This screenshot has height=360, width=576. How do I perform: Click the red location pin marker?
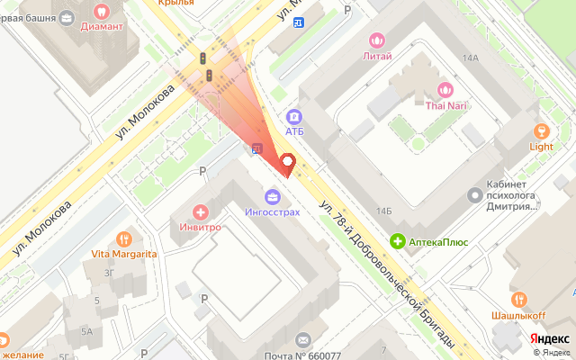288,162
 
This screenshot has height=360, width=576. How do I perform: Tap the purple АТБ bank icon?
294,116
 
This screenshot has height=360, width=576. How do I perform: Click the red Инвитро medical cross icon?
200,212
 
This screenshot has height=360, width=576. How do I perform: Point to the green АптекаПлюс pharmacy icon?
397,240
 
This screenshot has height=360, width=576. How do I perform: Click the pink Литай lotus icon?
376,40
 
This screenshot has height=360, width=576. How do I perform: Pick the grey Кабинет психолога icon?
475,194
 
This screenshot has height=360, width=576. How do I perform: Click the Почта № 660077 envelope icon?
302,339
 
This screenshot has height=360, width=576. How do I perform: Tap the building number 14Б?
384,211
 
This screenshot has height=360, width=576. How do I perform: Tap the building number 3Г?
108,274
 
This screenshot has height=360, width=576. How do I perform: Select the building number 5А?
87,331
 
